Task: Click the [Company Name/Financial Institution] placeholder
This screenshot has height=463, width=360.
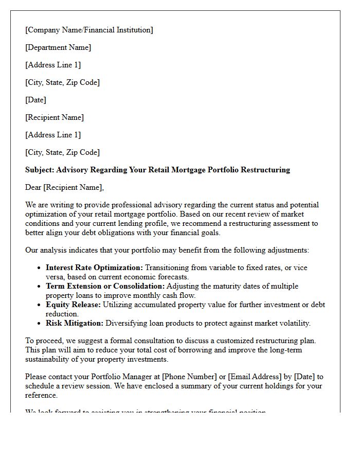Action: click(89, 30)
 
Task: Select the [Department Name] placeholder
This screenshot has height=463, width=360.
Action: click(58, 47)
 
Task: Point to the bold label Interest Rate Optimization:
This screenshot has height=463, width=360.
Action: click(94, 268)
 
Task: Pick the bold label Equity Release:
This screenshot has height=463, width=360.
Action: click(73, 305)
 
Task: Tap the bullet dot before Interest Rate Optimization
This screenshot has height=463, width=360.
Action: click(40, 268)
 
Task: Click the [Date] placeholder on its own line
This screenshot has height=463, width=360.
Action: click(35, 100)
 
